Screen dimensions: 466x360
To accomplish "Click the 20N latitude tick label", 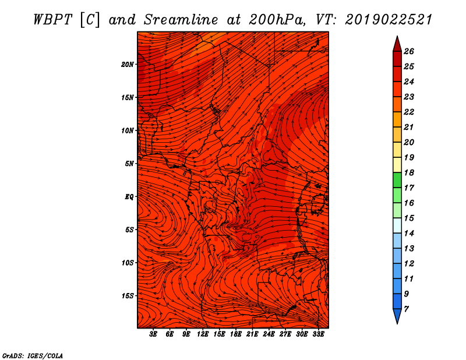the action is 127,64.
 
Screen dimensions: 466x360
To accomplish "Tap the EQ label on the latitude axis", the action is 129,196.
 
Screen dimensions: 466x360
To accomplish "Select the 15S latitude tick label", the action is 128,296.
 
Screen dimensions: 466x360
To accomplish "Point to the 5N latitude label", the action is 129,164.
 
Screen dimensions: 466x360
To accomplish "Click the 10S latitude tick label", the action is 128,263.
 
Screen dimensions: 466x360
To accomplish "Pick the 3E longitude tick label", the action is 153,334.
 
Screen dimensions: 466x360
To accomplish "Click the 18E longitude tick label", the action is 236,334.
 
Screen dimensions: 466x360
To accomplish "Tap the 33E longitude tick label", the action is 318,334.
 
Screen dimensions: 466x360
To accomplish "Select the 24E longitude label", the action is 269,334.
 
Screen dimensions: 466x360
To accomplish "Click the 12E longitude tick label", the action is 203,334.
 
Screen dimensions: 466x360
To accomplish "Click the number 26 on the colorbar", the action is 409,51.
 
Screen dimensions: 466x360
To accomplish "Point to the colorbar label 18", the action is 409,172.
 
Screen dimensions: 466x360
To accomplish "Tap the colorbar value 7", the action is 406,309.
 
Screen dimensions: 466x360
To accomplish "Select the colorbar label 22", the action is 409,112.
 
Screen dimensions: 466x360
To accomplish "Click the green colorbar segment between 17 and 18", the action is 397,180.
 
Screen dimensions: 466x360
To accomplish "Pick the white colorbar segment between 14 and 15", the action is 397,225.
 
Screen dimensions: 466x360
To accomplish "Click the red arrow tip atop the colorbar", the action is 397,36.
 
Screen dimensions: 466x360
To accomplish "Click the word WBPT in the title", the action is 52,20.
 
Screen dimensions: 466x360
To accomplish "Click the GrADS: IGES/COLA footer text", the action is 33,355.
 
